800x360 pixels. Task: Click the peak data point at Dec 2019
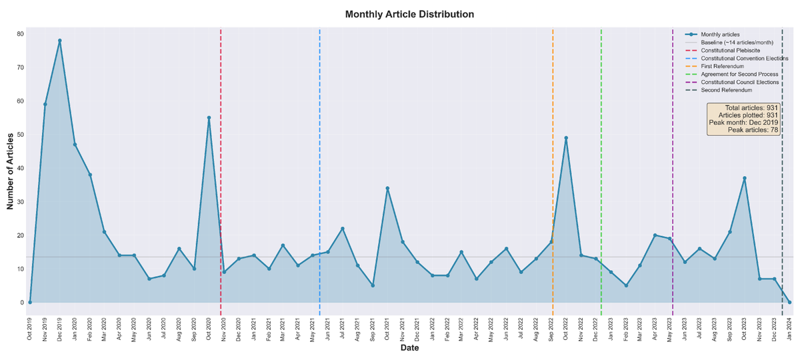tap(60, 41)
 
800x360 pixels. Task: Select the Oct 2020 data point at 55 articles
tap(209, 118)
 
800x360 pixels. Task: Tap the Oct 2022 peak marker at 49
tap(566, 138)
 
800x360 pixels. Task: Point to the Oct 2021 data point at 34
tap(387, 189)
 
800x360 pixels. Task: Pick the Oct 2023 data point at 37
tap(745, 179)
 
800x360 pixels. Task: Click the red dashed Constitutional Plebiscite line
tap(221, 167)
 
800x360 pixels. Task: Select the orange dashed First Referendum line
tap(553, 167)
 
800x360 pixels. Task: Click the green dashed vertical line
tap(601, 167)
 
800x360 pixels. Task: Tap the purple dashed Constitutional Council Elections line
tap(673, 167)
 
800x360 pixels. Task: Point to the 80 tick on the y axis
tap(20, 34)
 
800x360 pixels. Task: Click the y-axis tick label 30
tap(20, 202)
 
